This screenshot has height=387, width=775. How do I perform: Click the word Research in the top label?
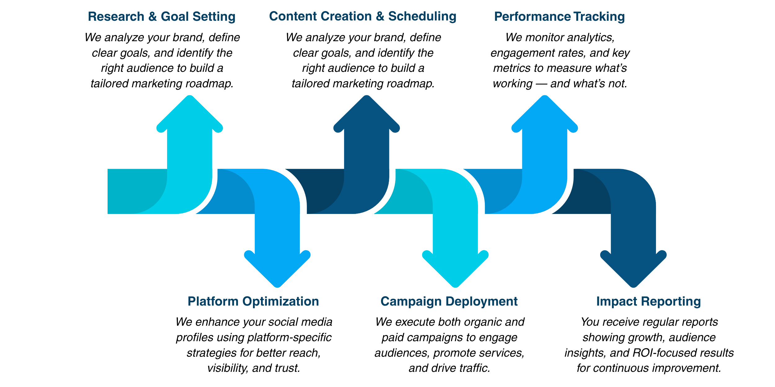116,17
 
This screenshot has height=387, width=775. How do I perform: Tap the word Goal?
175,17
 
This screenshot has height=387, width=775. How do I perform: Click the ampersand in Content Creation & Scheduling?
380,17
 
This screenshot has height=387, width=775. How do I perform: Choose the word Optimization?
281,302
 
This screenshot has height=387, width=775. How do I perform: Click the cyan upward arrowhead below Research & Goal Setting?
190,115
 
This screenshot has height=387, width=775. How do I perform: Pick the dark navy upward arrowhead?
367,115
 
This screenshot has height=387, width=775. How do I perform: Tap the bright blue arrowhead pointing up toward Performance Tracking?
545,115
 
